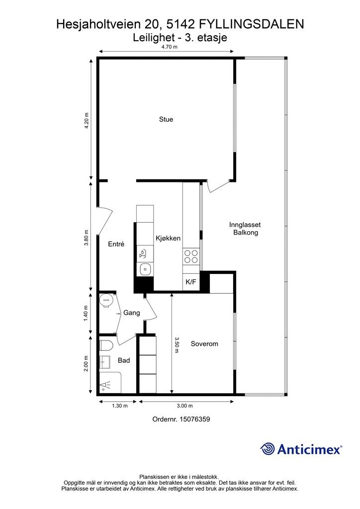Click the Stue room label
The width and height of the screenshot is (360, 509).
point(166,119)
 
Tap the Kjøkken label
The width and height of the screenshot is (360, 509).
point(168,238)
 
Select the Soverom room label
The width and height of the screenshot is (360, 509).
point(204,344)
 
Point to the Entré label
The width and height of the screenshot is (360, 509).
point(116,244)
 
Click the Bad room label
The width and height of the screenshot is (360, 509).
point(124,360)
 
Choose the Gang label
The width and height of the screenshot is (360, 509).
point(131,313)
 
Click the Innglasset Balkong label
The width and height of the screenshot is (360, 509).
point(246,229)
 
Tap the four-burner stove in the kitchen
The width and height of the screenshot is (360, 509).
point(190,256)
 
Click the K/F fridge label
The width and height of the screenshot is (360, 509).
point(190,282)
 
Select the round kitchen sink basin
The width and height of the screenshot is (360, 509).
point(145,269)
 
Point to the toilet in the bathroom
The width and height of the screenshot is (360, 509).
point(106,345)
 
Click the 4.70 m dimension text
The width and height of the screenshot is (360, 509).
point(170,47)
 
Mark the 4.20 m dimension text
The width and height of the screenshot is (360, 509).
point(87,121)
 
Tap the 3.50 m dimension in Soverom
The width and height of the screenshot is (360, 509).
point(177,345)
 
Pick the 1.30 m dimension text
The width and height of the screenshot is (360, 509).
point(120,406)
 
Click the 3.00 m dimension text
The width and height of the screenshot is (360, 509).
point(184,406)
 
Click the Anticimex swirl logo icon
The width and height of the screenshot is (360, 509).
point(268,449)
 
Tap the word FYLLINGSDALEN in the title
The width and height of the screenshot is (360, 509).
point(251,24)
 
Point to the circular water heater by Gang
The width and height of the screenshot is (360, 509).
point(106,300)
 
